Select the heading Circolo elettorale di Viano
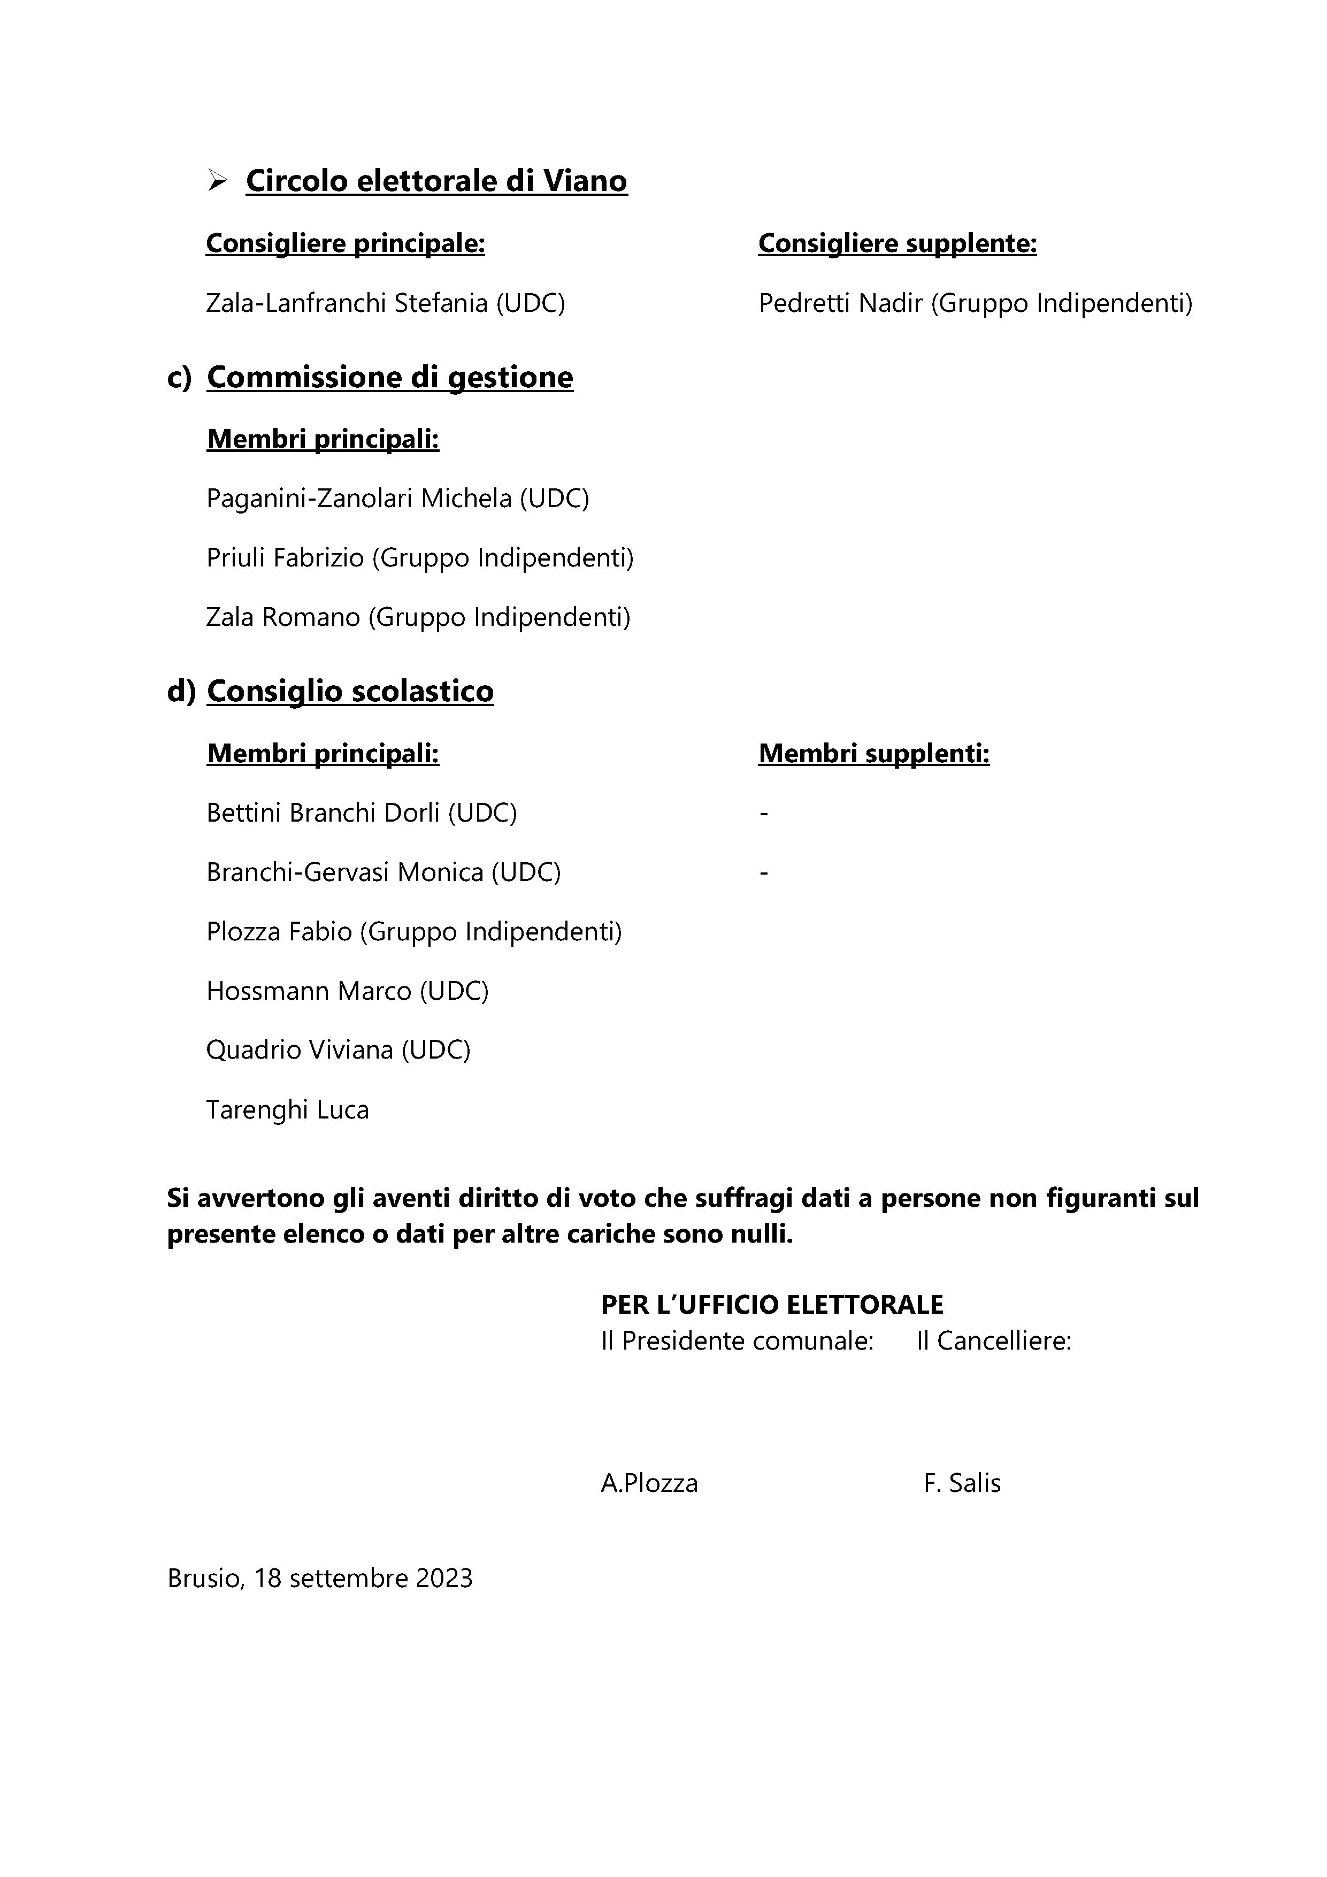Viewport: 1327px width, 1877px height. [436, 181]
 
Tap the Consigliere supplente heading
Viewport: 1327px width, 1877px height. [897, 243]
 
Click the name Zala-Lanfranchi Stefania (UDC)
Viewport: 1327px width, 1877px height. [385, 303]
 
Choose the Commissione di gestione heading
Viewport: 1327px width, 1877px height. [389, 377]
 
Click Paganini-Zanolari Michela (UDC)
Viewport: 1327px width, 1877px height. [397, 498]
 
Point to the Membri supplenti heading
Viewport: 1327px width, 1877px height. [873, 753]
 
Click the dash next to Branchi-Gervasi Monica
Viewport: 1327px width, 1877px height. [764, 873]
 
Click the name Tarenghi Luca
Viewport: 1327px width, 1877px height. [287, 1109]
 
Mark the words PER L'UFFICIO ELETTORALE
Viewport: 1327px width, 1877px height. [772, 1304]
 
